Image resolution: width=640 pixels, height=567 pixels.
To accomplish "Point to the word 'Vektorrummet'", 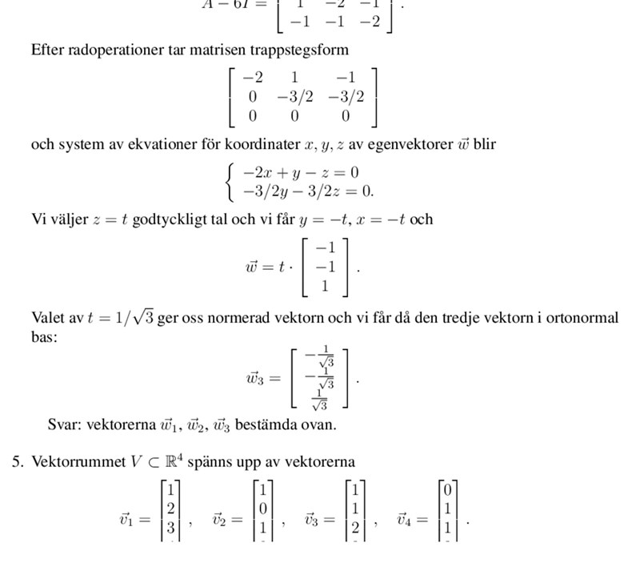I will click(78, 462).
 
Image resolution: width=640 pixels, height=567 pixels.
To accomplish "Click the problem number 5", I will click(15, 462).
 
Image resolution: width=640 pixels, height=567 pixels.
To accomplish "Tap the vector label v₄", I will click(406, 520).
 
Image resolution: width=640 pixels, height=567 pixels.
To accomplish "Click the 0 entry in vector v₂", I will click(262, 507).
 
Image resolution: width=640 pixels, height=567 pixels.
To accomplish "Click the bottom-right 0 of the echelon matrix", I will click(345, 116).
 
